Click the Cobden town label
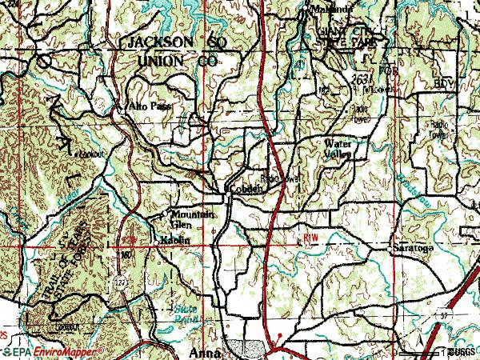click(246, 189)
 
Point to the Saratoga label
click(413, 249)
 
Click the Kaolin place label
click(174, 239)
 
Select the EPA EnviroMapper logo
click(51, 352)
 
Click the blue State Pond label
click(186, 313)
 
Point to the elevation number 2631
click(360, 78)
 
